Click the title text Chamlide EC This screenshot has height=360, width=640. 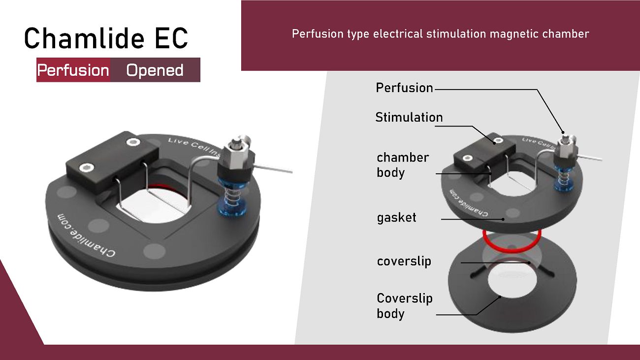(106, 38)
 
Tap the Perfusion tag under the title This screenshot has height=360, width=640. (73, 70)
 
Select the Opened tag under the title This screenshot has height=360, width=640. (155, 70)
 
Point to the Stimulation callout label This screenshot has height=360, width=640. (409, 117)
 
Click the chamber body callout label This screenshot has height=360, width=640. (403, 165)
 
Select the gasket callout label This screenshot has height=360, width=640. (396, 218)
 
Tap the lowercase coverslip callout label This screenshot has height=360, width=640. (404, 262)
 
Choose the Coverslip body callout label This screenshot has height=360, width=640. (405, 306)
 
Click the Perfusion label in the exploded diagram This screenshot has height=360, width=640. (404, 88)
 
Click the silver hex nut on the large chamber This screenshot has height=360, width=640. (235, 156)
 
